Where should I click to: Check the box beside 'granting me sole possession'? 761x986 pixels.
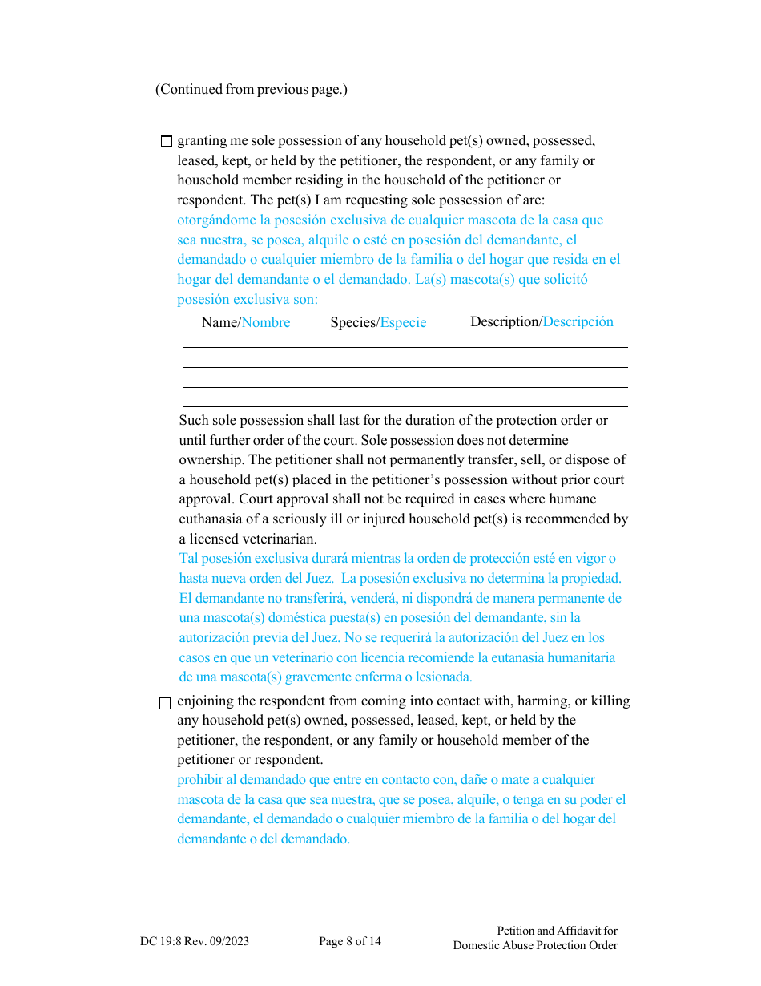click(x=167, y=142)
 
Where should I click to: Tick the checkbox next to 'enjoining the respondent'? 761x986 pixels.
click(x=165, y=704)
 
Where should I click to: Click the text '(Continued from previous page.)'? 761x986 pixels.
click(x=252, y=89)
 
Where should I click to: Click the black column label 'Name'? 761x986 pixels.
click(x=219, y=322)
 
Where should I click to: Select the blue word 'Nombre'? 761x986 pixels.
click(x=266, y=322)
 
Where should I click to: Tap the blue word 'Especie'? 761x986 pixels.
click(x=403, y=322)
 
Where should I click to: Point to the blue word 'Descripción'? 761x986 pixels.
click(x=578, y=321)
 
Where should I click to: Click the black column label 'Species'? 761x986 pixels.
click(x=352, y=322)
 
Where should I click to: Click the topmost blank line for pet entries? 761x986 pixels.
click(x=405, y=347)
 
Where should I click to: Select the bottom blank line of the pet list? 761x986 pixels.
click(x=405, y=406)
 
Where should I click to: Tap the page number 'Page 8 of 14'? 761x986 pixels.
click(x=350, y=941)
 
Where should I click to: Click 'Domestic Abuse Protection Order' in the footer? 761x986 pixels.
click(x=535, y=945)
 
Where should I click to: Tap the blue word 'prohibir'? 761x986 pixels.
click(x=199, y=779)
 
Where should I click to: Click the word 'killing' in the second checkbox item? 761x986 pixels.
click(x=610, y=701)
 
